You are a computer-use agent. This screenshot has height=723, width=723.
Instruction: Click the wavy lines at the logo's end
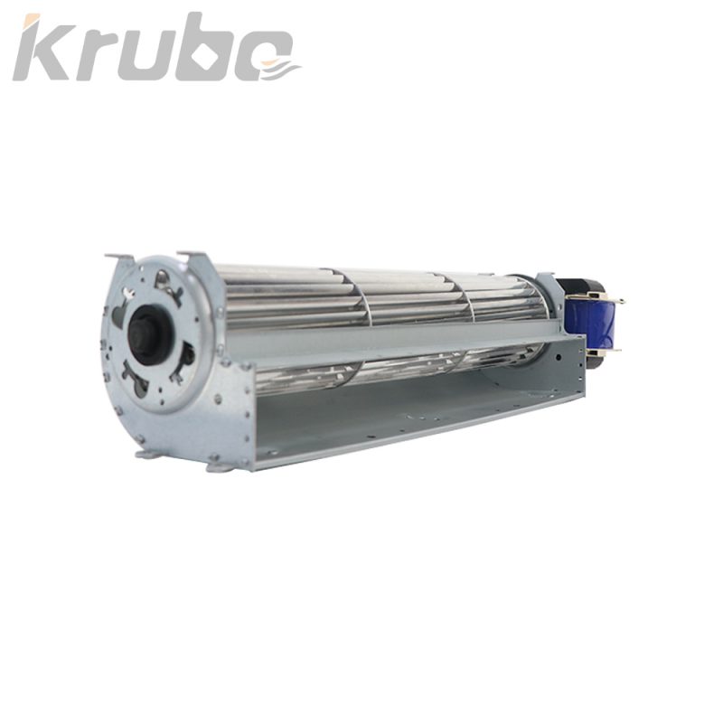(279, 69)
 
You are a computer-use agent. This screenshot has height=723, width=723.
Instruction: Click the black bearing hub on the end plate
(144, 331)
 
